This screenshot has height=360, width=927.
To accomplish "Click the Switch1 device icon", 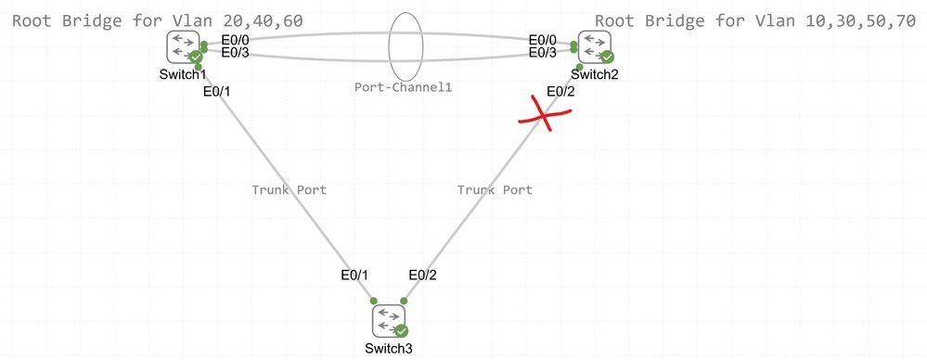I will (x=183, y=46).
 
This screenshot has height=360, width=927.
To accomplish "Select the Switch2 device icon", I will (x=595, y=46).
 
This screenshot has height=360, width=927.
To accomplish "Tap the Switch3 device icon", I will (x=389, y=321).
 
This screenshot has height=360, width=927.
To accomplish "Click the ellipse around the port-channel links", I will (x=406, y=45).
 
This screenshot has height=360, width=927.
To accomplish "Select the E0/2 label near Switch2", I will (x=561, y=91).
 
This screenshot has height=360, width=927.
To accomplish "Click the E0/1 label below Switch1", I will (x=216, y=91).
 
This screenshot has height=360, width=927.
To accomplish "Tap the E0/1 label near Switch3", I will (x=354, y=275).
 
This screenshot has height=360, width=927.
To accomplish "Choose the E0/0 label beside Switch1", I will (x=236, y=40).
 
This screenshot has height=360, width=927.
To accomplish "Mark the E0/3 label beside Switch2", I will (x=543, y=53).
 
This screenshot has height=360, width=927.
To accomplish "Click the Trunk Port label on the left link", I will (x=289, y=189).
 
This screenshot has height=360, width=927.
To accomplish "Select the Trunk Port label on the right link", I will (x=495, y=189).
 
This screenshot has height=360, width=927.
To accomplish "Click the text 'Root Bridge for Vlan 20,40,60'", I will (x=158, y=19).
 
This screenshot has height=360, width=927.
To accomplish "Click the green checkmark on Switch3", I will (x=402, y=330).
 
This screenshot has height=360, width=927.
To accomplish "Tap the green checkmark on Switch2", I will (x=608, y=57).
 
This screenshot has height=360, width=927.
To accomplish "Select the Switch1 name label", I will (x=182, y=74).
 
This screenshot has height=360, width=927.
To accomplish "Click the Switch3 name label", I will (x=389, y=348).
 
